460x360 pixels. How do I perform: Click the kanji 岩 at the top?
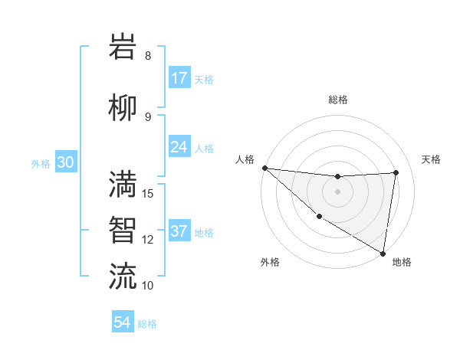(x=124, y=47)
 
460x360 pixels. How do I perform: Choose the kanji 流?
(x=124, y=275)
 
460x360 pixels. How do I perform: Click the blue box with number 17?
(x=179, y=78)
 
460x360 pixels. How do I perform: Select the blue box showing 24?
(x=179, y=146)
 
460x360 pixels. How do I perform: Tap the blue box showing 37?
(x=179, y=232)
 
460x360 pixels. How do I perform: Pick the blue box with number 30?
(x=65, y=163)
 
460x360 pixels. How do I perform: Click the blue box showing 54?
(x=123, y=322)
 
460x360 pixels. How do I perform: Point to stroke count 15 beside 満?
(x=149, y=193)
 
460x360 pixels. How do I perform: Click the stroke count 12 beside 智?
(x=149, y=240)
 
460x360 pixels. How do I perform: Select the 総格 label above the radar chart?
(x=338, y=100)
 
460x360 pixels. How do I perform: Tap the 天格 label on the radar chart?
(x=432, y=159)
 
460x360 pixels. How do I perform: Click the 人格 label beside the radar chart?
(x=245, y=159)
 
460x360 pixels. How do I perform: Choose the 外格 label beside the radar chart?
(x=270, y=262)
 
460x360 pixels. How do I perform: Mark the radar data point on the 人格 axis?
(x=264, y=168)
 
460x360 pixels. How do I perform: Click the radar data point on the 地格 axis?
(x=383, y=253)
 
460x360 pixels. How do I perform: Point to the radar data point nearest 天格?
(x=396, y=172)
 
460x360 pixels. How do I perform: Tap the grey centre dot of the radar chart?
(x=337, y=191)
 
